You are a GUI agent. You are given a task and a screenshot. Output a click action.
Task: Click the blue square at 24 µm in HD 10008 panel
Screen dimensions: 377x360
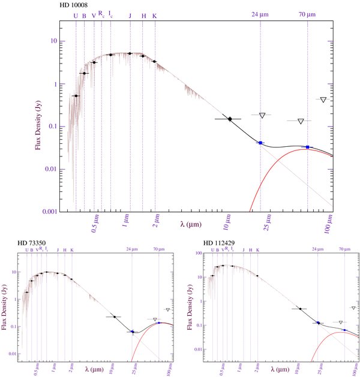[260, 143]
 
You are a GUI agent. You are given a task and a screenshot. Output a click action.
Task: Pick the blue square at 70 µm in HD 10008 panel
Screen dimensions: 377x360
[308, 147]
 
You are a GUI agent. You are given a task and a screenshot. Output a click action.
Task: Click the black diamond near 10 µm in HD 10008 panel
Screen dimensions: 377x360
[229, 119]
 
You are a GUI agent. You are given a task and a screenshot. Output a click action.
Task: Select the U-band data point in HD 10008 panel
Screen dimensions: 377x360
[76, 96]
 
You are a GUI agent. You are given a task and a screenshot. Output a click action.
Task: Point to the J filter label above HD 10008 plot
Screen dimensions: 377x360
[130, 16]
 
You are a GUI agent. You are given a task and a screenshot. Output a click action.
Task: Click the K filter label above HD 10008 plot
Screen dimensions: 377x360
[155, 16]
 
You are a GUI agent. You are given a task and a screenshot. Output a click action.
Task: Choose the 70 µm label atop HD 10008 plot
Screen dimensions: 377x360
[307, 14]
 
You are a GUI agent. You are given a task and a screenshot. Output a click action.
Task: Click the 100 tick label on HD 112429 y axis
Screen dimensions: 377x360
[196, 254]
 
